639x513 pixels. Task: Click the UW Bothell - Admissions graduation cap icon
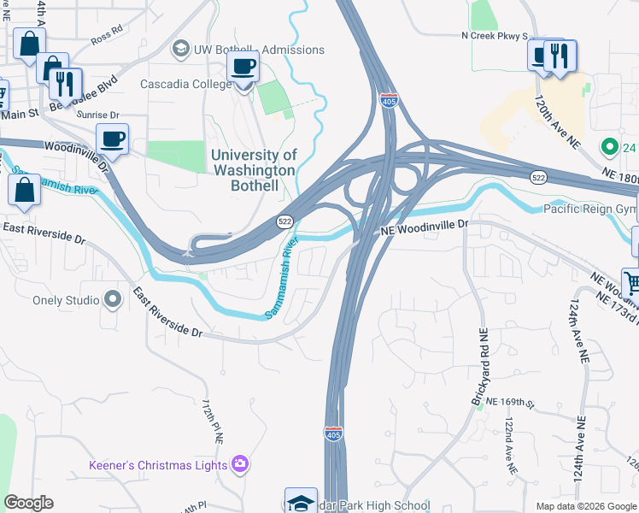coord(180,50)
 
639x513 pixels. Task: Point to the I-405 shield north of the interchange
coord(389,101)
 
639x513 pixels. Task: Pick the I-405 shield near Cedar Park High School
coord(335,434)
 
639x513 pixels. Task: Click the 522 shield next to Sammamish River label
coord(285,221)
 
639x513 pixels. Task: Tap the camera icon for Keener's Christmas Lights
coord(241,464)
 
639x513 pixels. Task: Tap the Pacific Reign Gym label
coord(589,209)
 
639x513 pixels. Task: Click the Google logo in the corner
coord(28,503)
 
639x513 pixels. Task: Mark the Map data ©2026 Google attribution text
coord(585,506)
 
